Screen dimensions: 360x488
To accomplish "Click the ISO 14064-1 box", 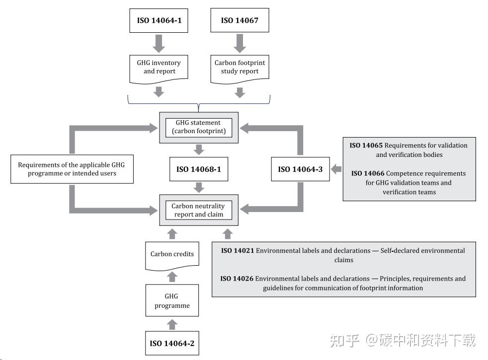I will pyautogui.click(x=159, y=20).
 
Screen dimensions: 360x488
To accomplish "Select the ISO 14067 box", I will pyautogui.click(x=240, y=20).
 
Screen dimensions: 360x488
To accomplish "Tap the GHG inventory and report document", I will pyautogui.click(x=159, y=67).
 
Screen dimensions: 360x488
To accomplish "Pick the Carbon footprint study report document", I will pyautogui.click(x=240, y=67).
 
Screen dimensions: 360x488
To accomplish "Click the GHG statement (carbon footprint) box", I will pyautogui.click(x=198, y=127).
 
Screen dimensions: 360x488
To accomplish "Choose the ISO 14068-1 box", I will pyautogui.click(x=198, y=169).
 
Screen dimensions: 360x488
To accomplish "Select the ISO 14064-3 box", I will pyautogui.click(x=300, y=169).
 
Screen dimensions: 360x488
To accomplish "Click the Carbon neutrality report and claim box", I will pyautogui.click(x=198, y=210).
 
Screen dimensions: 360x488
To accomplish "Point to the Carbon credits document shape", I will pyautogui.click(x=172, y=254).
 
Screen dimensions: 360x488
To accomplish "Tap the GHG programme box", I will pyautogui.click(x=172, y=301).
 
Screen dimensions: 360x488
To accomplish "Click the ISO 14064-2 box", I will pyautogui.click(x=172, y=343).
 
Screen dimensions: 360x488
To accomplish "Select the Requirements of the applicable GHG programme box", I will pyautogui.click(x=72, y=169).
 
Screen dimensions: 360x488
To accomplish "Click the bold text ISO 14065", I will pyautogui.click(x=366, y=145).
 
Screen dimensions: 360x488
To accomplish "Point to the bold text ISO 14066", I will pyautogui.click(x=367, y=173).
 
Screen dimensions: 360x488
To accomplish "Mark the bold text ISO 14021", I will pyautogui.click(x=237, y=251).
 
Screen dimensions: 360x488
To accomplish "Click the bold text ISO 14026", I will pyautogui.click(x=237, y=279).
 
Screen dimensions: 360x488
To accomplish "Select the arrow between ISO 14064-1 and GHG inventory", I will pyautogui.click(x=159, y=43).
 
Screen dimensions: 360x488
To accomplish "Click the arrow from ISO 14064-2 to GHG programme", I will pyautogui.click(x=172, y=324).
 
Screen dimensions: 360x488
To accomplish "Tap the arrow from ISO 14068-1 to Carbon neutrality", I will pyautogui.click(x=198, y=188).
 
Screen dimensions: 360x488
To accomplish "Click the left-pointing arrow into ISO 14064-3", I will pyautogui.click(x=336, y=169).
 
